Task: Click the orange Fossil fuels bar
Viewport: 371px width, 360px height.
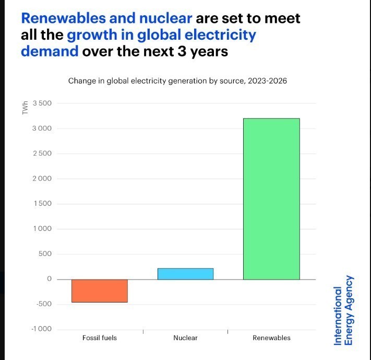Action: point(99,291)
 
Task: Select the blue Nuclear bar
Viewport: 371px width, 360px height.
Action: point(185,274)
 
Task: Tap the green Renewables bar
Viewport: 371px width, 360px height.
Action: point(271,199)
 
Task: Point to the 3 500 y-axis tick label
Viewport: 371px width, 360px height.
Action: point(42,103)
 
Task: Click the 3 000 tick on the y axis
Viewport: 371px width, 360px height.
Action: point(42,129)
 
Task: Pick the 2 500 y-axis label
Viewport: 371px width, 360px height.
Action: point(42,154)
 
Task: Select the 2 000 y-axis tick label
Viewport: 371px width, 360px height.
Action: point(42,179)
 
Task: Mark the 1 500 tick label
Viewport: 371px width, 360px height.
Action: point(42,204)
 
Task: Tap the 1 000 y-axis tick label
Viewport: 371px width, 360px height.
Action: point(42,229)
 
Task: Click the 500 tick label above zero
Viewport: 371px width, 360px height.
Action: point(46,254)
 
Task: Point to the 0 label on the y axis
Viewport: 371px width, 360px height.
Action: point(50,279)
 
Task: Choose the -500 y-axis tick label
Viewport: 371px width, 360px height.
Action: point(44,304)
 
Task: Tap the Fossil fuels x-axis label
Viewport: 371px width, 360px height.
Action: point(100,338)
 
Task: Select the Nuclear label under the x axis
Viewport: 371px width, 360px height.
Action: point(185,338)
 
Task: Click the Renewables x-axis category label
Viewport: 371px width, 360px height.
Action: point(271,338)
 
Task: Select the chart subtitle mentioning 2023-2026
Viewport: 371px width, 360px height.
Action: point(177,81)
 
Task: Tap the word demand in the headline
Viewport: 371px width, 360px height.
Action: point(50,52)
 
